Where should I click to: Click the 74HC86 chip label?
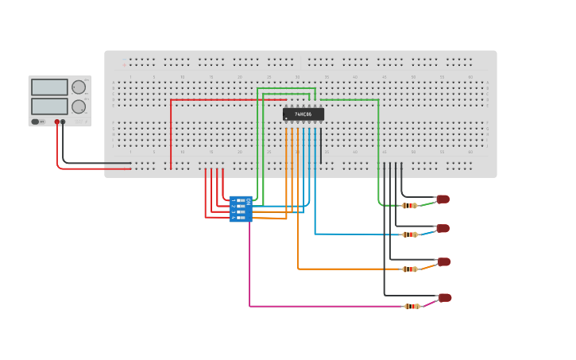tap(303, 114)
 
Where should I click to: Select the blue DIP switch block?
tap(240, 209)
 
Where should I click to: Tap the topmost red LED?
tap(443, 199)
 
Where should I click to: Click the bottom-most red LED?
tap(445, 298)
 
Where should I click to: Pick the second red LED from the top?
tap(443, 229)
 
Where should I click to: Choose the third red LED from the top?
tap(443, 261)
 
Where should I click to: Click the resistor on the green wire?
tap(409, 206)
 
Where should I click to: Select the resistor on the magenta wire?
tap(412, 306)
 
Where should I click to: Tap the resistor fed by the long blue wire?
tap(409, 234)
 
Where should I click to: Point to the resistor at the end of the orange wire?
tap(409, 269)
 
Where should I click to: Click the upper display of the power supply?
tap(49, 87)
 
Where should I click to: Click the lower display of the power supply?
tap(49, 106)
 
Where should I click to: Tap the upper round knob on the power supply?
tap(79, 87)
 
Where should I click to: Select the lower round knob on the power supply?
tap(79, 106)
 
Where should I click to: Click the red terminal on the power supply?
tap(57, 122)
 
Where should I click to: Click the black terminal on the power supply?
tap(64, 122)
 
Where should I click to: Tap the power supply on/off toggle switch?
tap(36, 122)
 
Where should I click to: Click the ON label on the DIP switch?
tap(249, 202)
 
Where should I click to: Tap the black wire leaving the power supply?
tap(95, 164)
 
